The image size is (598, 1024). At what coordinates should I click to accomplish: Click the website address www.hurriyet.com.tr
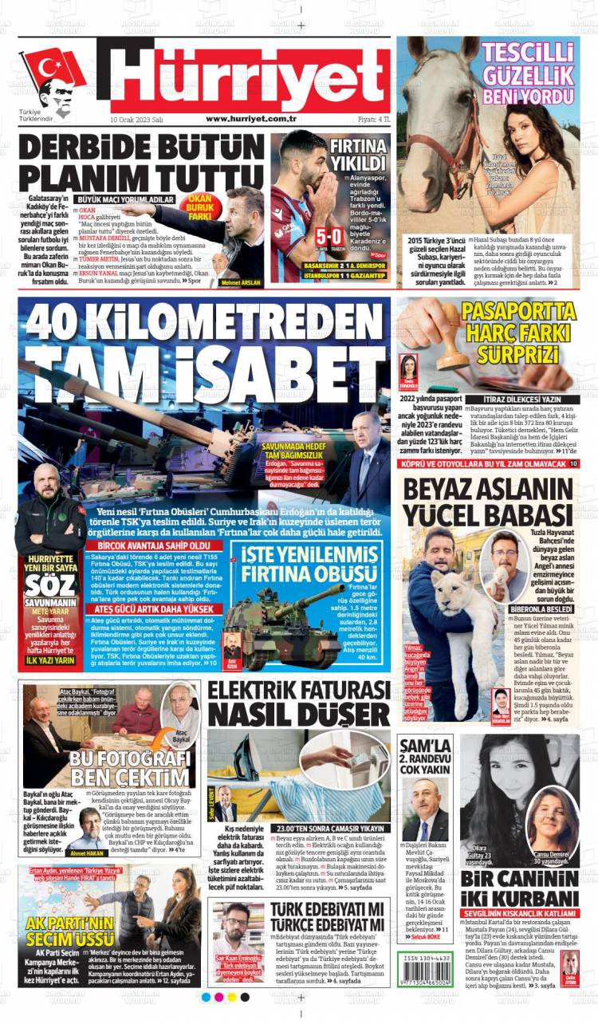(251, 118)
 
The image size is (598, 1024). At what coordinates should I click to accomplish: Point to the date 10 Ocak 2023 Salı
(136, 119)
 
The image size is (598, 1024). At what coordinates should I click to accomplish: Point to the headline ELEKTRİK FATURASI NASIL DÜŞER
(299, 703)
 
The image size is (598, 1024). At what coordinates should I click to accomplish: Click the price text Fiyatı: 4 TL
(373, 119)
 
